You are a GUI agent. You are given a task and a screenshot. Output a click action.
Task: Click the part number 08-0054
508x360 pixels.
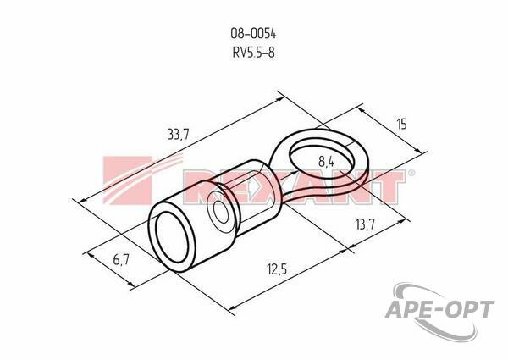pyautogui.click(x=253, y=33)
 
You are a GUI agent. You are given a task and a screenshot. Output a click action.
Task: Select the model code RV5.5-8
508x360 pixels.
pyautogui.click(x=253, y=52)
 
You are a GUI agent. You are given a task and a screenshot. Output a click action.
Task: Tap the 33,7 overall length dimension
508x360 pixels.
pyautogui.click(x=178, y=134)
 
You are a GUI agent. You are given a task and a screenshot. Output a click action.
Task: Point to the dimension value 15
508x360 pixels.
pyautogui.click(x=401, y=125)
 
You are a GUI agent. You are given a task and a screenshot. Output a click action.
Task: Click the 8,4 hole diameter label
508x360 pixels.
pyautogui.click(x=326, y=161)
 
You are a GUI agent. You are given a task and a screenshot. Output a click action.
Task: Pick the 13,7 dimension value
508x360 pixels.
pyautogui.click(x=365, y=224)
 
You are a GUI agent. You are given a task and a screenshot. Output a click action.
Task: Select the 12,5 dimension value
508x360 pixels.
pyautogui.click(x=277, y=269)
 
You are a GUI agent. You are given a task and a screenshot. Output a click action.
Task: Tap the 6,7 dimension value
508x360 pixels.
pyautogui.click(x=121, y=259)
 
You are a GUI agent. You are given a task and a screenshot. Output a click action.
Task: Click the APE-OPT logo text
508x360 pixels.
pyautogui.click(x=439, y=309)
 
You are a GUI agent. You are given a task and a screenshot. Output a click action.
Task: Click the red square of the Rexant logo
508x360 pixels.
pyautogui.click(x=127, y=180)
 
